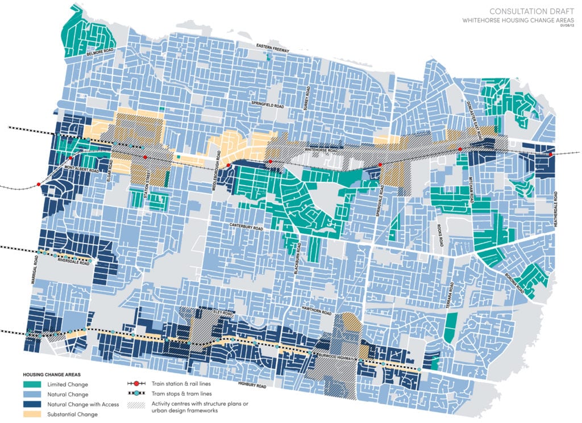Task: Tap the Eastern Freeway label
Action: click(272, 51)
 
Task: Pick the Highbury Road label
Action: click(252, 387)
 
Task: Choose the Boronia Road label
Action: click(514, 282)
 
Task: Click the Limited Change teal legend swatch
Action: click(34, 384)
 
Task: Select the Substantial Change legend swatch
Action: click(34, 414)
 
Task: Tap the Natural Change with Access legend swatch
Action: click(34, 404)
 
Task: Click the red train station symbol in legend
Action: click(137, 384)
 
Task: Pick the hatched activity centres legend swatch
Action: click(137, 405)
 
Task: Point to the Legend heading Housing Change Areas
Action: click(52, 374)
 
